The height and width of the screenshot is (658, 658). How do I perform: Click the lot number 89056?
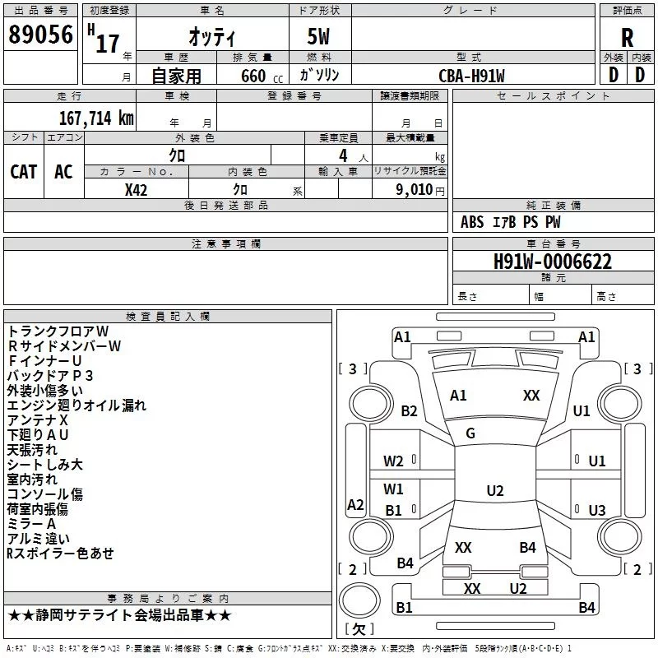coord(40,34)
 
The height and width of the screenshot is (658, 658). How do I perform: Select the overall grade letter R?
coord(627,38)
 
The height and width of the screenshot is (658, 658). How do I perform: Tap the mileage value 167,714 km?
coord(96,118)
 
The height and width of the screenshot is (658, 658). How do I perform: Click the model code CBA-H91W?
coord(471,76)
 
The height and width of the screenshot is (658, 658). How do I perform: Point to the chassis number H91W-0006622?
coord(553,262)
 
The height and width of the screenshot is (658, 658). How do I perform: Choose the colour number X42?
coord(136,190)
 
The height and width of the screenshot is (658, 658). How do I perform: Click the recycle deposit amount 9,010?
coord(415,190)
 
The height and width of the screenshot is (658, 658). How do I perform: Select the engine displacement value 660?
coord(253,76)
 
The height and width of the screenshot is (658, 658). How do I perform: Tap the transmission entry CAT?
coord(24,172)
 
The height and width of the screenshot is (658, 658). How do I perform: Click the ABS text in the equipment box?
coord(472,222)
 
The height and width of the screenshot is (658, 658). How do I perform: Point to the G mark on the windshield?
coord(470,433)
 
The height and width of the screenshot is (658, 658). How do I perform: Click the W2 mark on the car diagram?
coord(393,461)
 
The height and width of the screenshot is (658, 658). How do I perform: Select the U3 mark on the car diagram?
coord(597,510)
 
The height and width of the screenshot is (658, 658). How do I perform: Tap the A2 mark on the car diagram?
coord(355,504)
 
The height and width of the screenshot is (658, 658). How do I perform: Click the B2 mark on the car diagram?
coord(409,410)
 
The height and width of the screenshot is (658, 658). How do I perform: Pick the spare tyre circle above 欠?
coord(359,600)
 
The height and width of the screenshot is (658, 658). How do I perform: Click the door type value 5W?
coord(318,36)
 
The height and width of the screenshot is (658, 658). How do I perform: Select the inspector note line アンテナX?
coord(37,420)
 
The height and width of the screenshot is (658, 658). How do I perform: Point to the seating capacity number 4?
coord(343,155)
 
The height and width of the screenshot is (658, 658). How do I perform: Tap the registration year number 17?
coord(108,44)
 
